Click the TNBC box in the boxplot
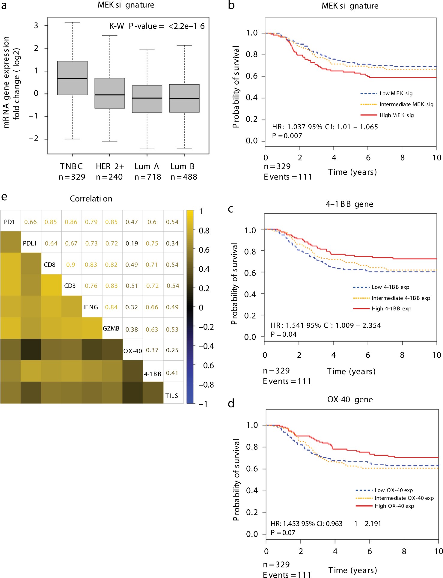[72, 78]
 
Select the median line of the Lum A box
[147, 98]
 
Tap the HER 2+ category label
[110, 166]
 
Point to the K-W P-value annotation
[157, 26]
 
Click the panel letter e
[4, 197]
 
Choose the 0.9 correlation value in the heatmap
[71, 265]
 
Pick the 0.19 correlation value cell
[132, 243]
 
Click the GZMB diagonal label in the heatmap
[111, 329]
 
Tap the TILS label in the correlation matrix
[172, 396]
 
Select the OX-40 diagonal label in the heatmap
[133, 351]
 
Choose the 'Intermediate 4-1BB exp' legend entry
[401, 298]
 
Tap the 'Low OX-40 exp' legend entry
[394, 490]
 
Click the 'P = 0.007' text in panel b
[287, 136]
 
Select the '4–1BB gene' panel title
[349, 204]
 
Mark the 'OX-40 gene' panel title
[350, 400]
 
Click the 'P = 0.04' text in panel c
[284, 334]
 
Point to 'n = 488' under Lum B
[184, 177]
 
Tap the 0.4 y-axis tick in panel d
[252, 491]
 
